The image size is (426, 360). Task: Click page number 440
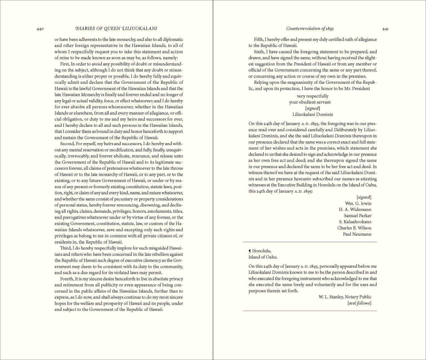[40, 29]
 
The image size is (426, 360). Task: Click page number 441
[385, 29]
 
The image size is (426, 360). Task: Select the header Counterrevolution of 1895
[310, 28]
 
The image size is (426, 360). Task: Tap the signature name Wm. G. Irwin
[358, 203]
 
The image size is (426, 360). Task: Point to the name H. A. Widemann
[355, 210]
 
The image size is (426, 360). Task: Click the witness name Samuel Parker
[358, 216]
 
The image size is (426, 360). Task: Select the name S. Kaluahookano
[355, 222]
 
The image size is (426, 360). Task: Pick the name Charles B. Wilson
[354, 228]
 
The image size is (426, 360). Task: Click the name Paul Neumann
[357, 234]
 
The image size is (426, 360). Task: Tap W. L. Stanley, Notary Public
[345, 297]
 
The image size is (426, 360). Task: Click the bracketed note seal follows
[359, 303]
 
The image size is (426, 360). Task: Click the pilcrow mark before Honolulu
[250, 251]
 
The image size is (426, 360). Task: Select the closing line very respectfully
[312, 96]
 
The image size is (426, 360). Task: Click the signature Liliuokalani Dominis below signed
[312, 115]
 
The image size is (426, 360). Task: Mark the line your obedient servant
[310, 102]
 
